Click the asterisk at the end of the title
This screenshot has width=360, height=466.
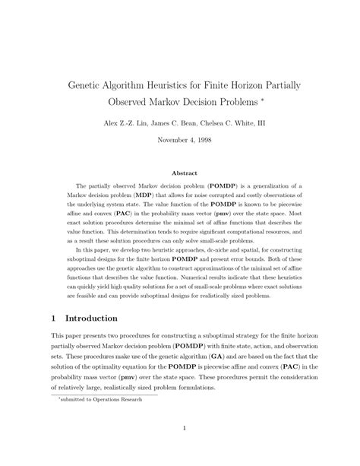pos(263,98)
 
